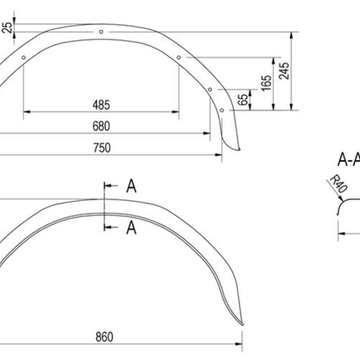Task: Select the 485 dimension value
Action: click(101, 105)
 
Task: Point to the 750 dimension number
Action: click(101, 147)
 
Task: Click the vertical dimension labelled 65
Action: click(243, 100)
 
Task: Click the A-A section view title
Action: click(347, 159)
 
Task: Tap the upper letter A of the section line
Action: click(131, 187)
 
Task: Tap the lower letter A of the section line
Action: click(131, 227)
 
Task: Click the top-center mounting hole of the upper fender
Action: click(101, 32)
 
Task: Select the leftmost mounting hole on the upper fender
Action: click(25, 59)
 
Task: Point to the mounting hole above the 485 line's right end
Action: click(178, 59)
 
